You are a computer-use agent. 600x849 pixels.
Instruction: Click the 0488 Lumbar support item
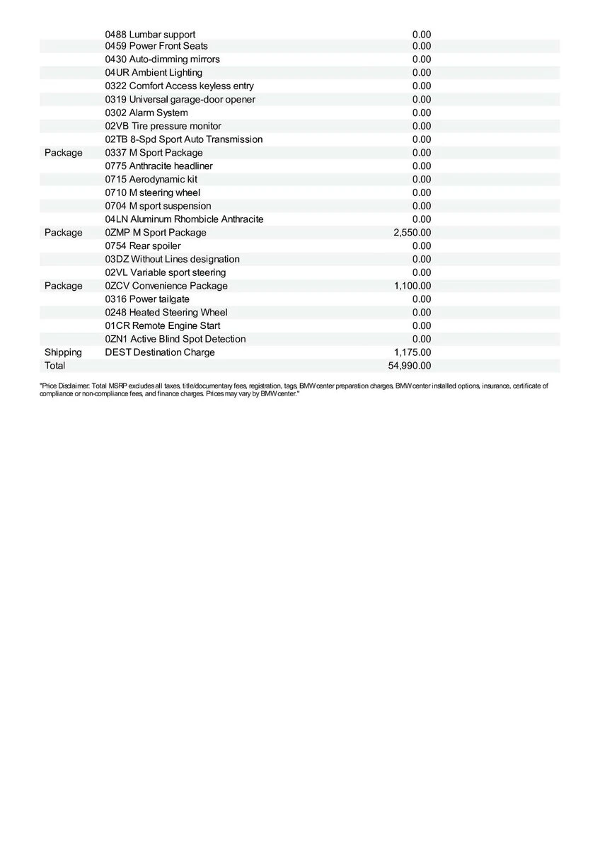(x=150, y=34)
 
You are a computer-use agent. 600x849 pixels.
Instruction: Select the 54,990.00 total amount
(x=410, y=366)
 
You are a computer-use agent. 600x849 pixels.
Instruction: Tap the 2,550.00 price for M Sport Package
(x=412, y=233)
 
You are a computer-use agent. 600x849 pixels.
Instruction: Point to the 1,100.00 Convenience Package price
(x=412, y=286)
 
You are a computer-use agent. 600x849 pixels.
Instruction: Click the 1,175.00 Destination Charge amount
(x=412, y=352)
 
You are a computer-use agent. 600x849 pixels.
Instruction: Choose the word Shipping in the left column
(x=63, y=352)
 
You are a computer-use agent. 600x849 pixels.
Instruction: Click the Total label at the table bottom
(x=54, y=366)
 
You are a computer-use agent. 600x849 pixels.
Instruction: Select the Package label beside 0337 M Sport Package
(x=63, y=153)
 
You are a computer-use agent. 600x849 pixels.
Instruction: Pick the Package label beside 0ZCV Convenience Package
(x=63, y=286)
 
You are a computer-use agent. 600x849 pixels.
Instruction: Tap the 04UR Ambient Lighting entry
(x=154, y=73)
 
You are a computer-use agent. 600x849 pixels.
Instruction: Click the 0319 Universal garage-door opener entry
(x=180, y=100)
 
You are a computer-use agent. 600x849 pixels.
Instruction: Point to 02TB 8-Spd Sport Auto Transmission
(x=183, y=139)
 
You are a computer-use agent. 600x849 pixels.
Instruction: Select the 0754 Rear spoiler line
(x=143, y=246)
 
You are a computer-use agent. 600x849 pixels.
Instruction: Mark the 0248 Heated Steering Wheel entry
(x=166, y=313)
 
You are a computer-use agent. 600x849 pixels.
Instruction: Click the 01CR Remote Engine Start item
(x=162, y=326)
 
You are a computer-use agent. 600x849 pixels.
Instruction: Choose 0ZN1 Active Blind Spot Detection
(x=175, y=340)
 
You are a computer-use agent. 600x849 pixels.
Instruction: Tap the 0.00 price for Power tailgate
(x=422, y=299)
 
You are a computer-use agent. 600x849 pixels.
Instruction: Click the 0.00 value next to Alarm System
(x=422, y=113)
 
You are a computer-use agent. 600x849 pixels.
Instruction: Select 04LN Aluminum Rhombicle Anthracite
(x=184, y=219)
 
